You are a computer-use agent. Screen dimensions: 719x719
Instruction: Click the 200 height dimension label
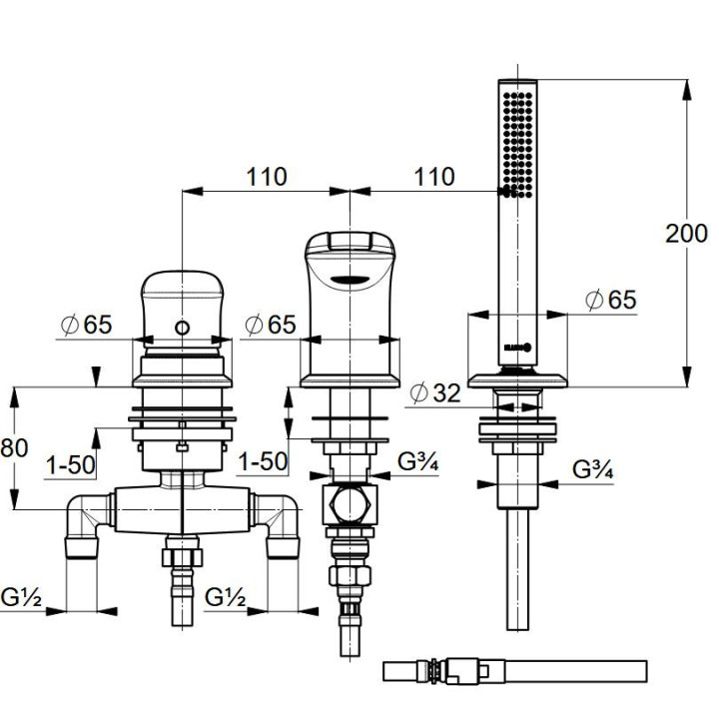[686, 233]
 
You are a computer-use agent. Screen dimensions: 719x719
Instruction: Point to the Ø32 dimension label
[434, 393]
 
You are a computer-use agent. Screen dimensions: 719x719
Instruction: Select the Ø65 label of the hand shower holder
[610, 300]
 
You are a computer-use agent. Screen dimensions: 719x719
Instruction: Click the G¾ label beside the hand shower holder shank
[595, 469]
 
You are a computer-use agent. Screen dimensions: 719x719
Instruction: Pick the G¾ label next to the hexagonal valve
[420, 461]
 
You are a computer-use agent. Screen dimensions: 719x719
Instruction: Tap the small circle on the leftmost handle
[181, 329]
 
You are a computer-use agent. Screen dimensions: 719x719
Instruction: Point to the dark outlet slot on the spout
[349, 279]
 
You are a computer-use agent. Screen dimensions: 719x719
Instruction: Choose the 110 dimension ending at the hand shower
[433, 177]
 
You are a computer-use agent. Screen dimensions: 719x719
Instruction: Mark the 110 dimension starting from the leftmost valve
[266, 177]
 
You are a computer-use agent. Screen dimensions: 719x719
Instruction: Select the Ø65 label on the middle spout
[271, 325]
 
